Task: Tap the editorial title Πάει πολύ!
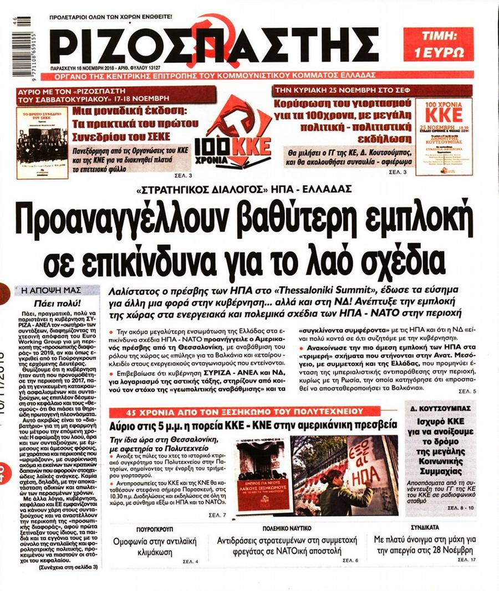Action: pos(49,303)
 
